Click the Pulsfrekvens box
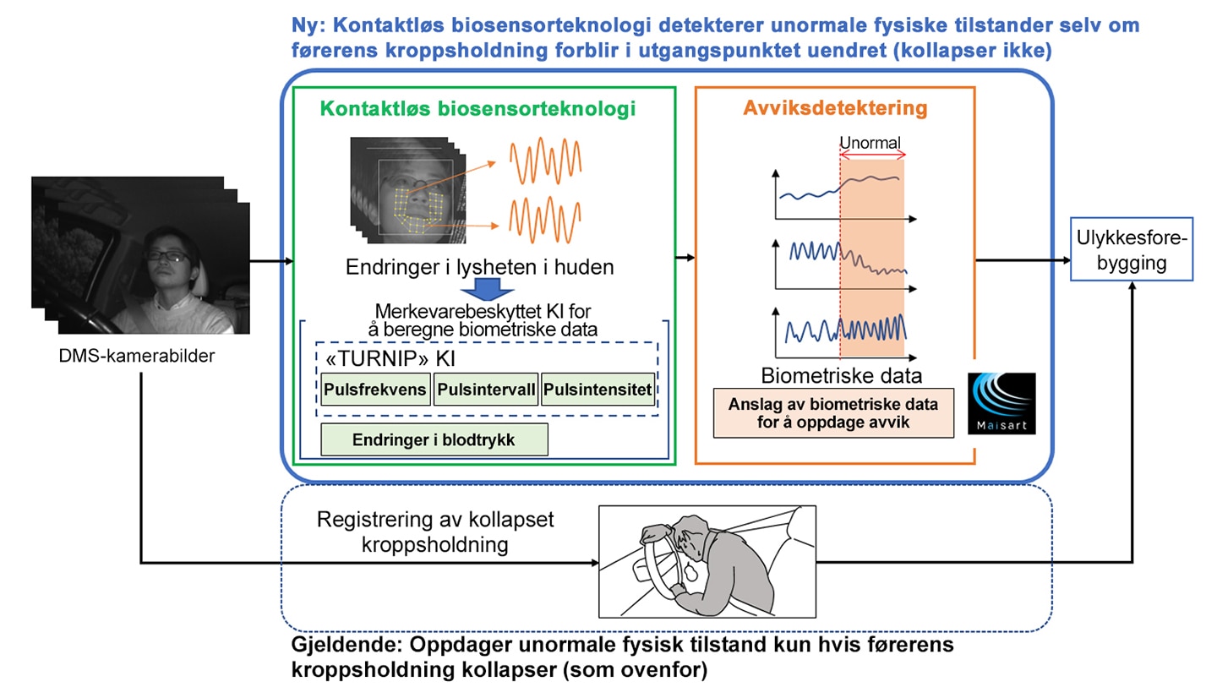tap(375, 389)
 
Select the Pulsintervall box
tap(486, 389)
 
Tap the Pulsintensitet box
tap(598, 389)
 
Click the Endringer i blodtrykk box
tap(434, 439)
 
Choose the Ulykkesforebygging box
tap(1132, 249)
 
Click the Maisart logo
tap(1001, 403)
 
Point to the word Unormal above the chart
tap(870, 143)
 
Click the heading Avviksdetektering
tap(835, 107)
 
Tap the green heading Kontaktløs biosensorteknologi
tap(478, 108)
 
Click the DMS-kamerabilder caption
tap(136, 356)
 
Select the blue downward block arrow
tap(487, 290)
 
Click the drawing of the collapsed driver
tap(707, 562)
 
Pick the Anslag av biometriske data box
tap(833, 413)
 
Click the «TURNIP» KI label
tap(390, 358)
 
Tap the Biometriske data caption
tap(841, 375)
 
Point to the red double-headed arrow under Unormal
tap(872, 155)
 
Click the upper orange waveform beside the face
tap(545, 161)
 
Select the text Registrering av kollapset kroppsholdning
tap(435, 532)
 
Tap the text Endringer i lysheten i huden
tap(480, 267)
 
